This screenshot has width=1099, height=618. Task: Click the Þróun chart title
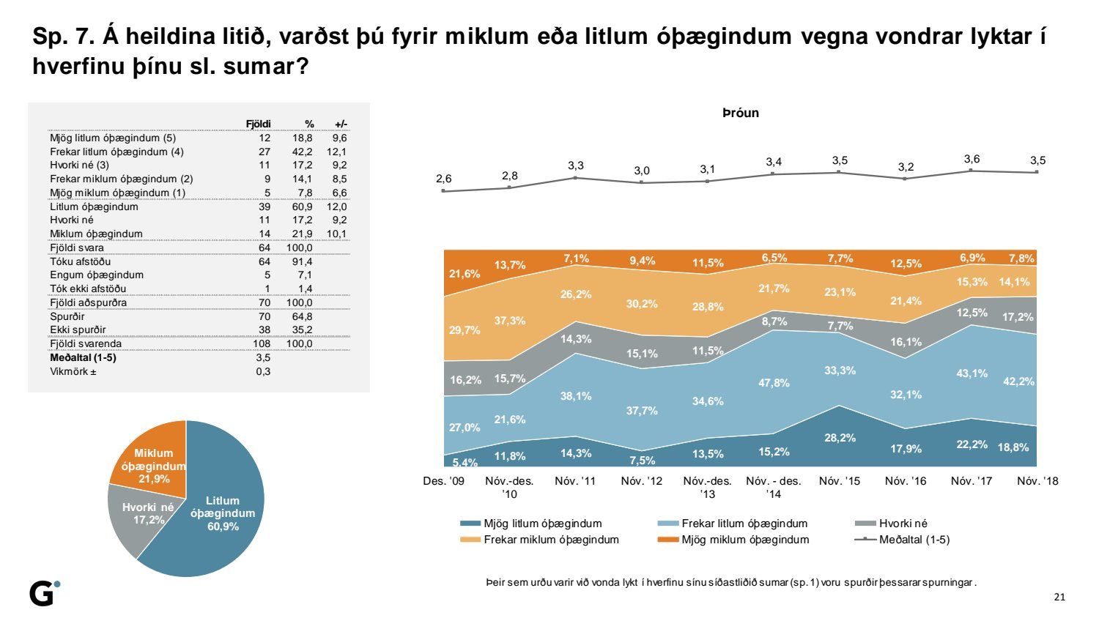pos(740,113)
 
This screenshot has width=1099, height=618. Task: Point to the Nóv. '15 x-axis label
pos(840,481)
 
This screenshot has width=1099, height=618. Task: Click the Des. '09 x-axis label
pos(444,481)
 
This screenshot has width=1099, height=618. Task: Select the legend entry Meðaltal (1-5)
pos(914,540)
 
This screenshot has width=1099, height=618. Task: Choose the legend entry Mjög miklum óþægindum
pos(744,540)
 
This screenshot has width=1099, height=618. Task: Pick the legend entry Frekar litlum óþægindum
pos(744,524)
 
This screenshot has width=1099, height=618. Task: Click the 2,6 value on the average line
pos(444,179)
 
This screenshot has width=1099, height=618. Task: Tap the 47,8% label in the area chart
pos(774,383)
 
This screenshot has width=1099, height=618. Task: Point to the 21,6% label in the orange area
pos(465,274)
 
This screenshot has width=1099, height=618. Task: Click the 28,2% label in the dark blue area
pos(840,438)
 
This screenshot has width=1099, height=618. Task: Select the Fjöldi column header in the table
pos(258,124)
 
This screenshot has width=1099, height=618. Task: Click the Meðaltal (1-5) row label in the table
pos(83,357)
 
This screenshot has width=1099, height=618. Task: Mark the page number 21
pos(1059,597)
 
